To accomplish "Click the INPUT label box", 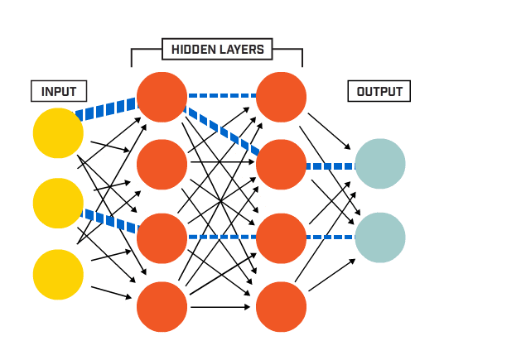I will (58, 91).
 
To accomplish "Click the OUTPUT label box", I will (379, 91).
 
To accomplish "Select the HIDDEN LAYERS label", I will (217, 50).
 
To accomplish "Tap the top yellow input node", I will (58, 132).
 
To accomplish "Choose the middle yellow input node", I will (58, 203).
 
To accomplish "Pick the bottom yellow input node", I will (58, 274).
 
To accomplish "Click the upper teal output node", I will (379, 164).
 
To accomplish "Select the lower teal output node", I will (379, 238).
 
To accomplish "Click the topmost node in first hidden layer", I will (162, 97).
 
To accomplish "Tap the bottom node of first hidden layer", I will (162, 307).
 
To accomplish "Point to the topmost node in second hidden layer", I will (281, 97).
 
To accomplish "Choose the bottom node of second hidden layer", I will (281, 307).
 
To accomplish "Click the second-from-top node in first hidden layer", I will (162, 165).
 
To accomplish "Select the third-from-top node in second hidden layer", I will (281, 238).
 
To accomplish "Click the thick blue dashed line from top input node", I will (106, 108).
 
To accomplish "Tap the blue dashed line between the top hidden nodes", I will (221, 95).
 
